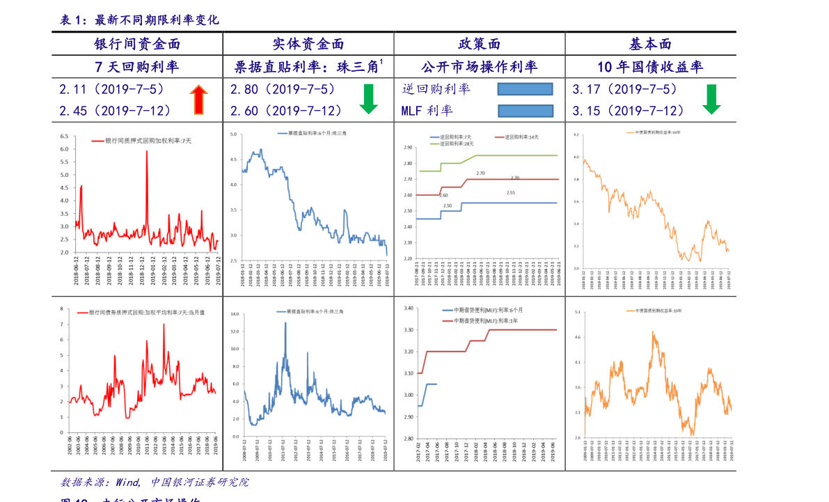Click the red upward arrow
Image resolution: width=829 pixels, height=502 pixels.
pyautogui.click(x=198, y=100)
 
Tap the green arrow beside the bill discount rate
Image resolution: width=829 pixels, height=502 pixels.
pyautogui.click(x=368, y=99)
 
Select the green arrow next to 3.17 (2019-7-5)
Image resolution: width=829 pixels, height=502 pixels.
pyautogui.click(x=711, y=99)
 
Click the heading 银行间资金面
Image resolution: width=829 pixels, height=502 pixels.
pyautogui.click(x=137, y=45)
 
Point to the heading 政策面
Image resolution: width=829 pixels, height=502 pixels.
pyautogui.click(x=479, y=45)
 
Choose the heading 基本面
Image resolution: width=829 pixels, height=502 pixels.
pyautogui.click(x=650, y=45)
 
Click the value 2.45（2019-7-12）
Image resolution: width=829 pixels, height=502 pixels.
pyautogui.click(x=116, y=111)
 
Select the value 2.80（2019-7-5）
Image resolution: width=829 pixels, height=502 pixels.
pyautogui.click(x=283, y=90)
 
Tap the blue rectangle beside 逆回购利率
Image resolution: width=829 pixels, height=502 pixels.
pyautogui.click(x=525, y=89)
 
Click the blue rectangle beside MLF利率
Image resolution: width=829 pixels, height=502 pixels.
pyautogui.click(x=526, y=111)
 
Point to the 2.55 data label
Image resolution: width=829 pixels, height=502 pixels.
pyautogui.click(x=510, y=193)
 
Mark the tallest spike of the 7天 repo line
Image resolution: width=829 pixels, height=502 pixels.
pyautogui.click(x=147, y=152)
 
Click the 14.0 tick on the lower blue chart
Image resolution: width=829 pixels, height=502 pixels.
pyautogui.click(x=235, y=314)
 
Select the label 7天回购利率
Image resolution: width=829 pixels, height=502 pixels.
pyautogui.click(x=137, y=68)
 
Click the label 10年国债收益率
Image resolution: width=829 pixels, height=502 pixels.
pyautogui.click(x=650, y=68)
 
